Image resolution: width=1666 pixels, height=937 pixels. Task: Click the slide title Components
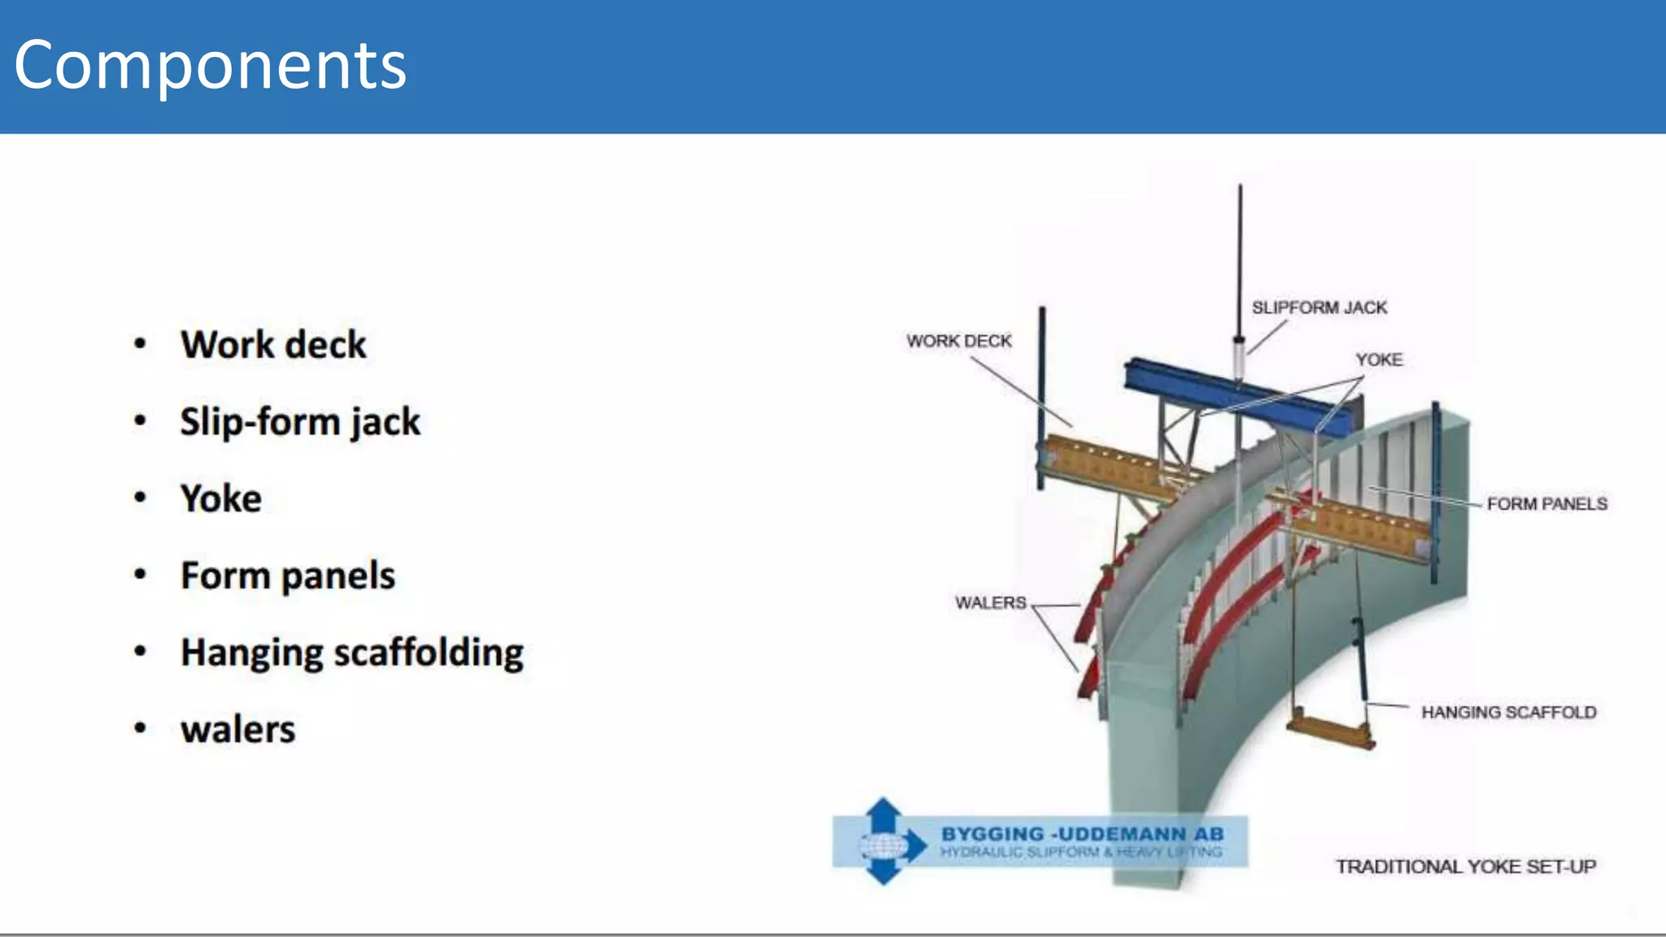[x=210, y=65]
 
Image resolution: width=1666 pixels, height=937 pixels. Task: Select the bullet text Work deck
[x=273, y=345]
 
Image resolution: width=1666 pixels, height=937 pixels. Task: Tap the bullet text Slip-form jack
[x=300, y=422]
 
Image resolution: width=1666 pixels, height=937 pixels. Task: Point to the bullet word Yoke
[x=221, y=499]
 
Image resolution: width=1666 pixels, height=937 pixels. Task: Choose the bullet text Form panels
[x=288, y=576]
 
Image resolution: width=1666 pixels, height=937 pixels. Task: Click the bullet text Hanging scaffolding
[x=352, y=652]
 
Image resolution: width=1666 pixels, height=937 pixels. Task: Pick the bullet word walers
[x=238, y=730]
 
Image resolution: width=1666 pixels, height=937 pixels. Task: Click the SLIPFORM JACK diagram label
[x=1319, y=307]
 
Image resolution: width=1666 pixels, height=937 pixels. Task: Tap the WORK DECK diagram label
[x=959, y=341]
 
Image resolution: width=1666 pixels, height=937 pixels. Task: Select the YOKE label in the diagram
[x=1379, y=360]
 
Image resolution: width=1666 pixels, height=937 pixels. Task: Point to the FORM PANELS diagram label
[x=1546, y=504]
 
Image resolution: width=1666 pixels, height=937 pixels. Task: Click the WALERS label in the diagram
[x=990, y=603]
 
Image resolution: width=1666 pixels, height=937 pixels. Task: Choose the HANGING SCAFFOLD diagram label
[x=1508, y=713]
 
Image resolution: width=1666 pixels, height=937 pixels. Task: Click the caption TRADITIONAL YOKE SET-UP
[x=1465, y=867]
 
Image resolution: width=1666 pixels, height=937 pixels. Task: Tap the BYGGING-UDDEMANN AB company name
[x=1082, y=835]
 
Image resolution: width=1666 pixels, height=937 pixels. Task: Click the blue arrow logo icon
[x=885, y=842]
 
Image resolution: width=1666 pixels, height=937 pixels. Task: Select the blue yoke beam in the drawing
[x=1236, y=394]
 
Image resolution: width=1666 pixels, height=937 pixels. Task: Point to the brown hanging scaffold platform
[x=1331, y=729]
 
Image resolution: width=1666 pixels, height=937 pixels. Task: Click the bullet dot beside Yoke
[x=141, y=498]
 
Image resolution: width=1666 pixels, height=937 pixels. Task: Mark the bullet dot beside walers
[x=141, y=729]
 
